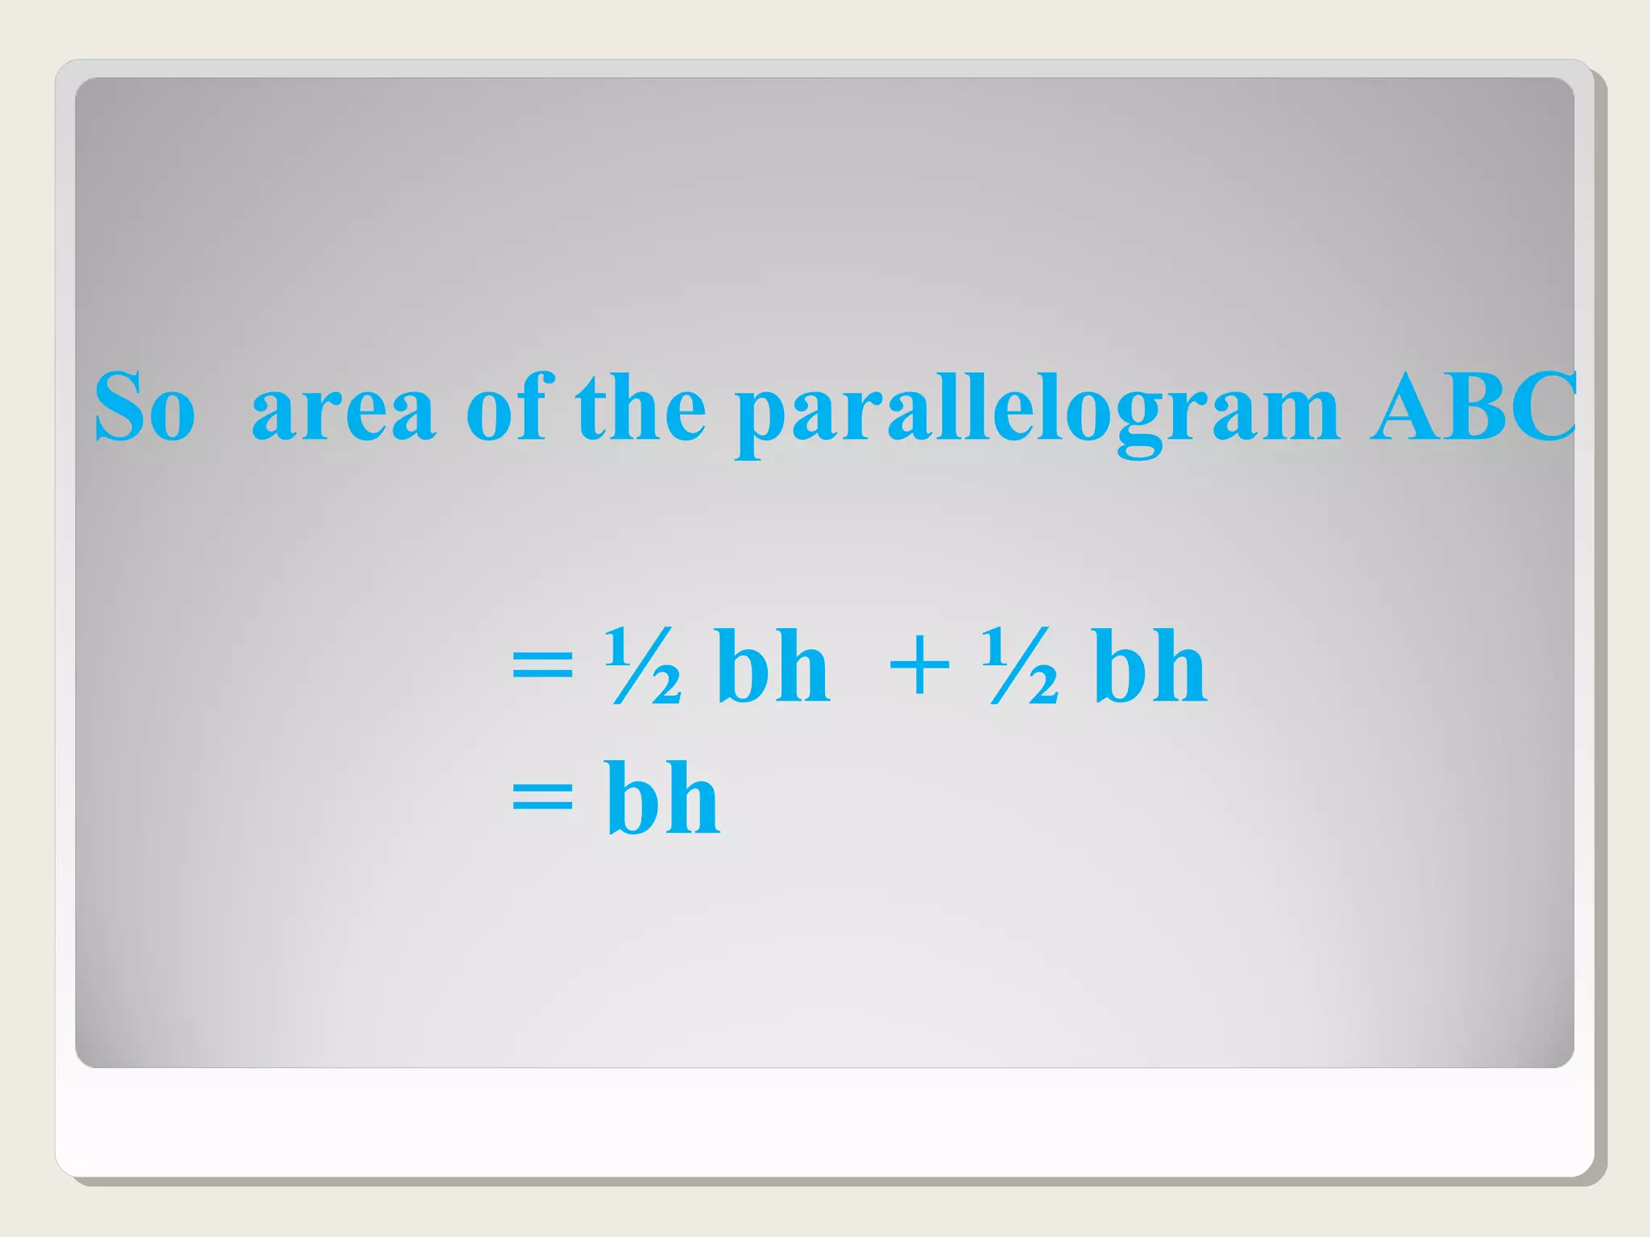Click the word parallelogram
(x=1038, y=411)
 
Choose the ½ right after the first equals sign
(x=643, y=666)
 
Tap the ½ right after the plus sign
(x=1020, y=666)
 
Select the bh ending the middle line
(x=1150, y=666)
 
